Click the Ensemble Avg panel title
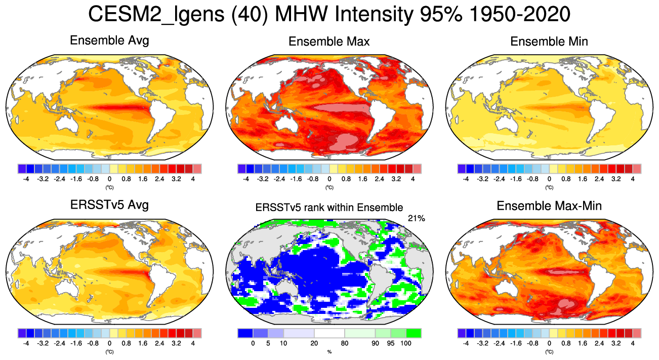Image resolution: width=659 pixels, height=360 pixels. pos(109,41)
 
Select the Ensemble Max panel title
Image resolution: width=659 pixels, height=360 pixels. pos(329,42)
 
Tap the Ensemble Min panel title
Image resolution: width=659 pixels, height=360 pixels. pos(549,42)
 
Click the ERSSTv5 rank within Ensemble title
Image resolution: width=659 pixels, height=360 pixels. pos(329,207)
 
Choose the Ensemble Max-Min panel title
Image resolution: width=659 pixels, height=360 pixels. pos(549,206)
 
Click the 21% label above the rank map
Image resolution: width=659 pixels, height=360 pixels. pos(416,218)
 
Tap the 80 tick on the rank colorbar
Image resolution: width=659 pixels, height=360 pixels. pos(344,343)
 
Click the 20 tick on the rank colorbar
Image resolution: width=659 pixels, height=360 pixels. pos(314,343)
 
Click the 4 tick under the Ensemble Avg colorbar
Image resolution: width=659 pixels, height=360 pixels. pos(193,179)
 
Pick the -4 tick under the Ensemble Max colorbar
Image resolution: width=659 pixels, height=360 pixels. pos(246,179)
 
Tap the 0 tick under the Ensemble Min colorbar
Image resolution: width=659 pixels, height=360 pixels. pos(549,179)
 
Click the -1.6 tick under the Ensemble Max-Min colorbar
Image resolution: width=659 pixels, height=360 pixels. pos(516,343)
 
